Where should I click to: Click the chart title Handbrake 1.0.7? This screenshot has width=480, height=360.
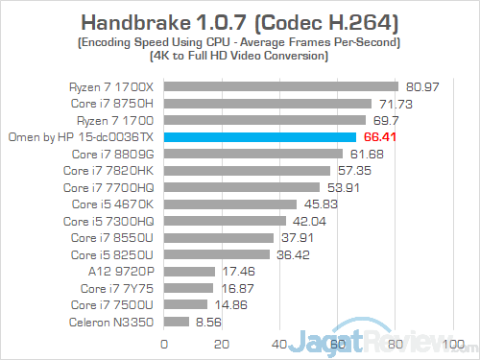[239, 21]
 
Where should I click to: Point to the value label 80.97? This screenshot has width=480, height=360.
[423, 86]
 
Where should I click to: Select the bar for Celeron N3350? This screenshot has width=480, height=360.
[178, 323]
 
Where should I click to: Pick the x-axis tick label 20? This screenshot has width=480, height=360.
[223, 344]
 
